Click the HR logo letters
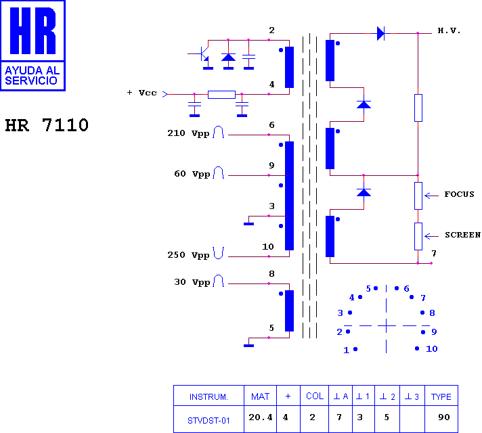coord(33,30)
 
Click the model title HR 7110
coord(47,125)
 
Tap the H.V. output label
coord(449,30)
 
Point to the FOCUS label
coord(459,194)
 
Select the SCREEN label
coord(462,235)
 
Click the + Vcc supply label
coord(142,93)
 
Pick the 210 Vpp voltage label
coord(188,133)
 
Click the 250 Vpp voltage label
coord(188,255)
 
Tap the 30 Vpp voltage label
coord(192,282)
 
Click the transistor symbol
coord(203,53)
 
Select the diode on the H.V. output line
coord(380,33)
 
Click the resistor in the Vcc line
coord(221,94)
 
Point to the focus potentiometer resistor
coord(418,196)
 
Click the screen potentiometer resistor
coord(418,236)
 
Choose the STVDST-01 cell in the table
coord(209,419)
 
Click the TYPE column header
coord(441,396)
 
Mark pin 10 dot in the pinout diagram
coord(417,348)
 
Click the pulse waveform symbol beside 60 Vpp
coord(219,173)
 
